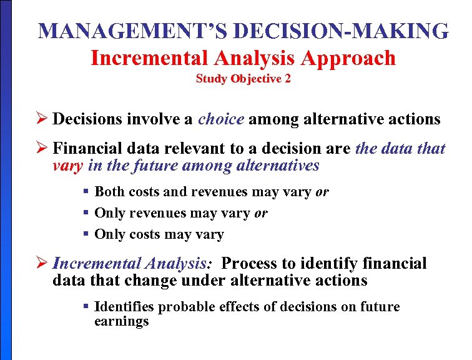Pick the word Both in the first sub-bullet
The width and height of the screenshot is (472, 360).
(x=109, y=192)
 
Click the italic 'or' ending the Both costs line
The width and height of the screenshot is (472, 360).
(x=322, y=192)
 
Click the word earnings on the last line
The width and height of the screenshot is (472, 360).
(x=122, y=321)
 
